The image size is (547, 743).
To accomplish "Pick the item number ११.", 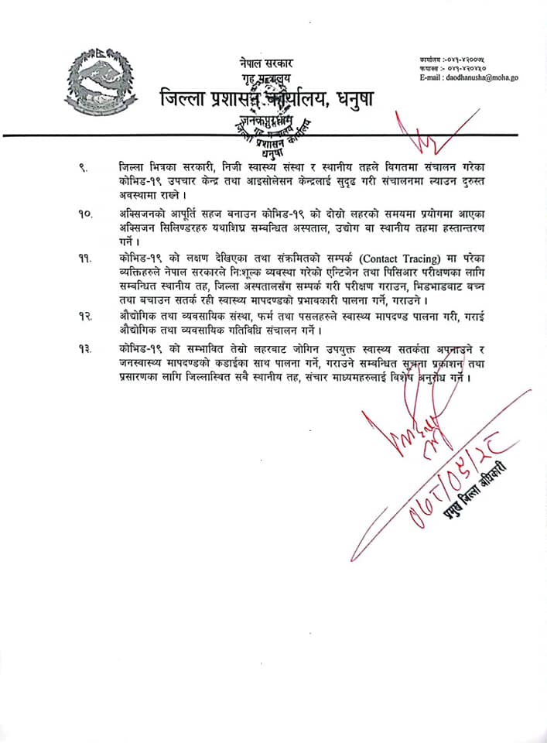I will pyautogui.click(x=84, y=258).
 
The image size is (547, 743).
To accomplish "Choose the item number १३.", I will pyautogui.click(x=84, y=349).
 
